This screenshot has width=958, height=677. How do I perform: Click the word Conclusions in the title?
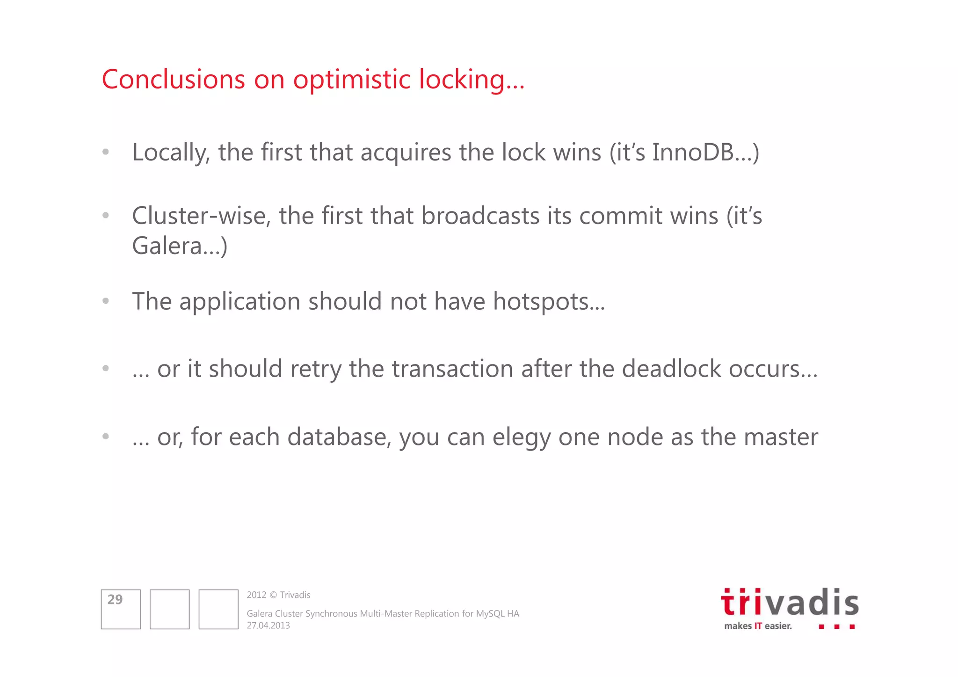pos(173,79)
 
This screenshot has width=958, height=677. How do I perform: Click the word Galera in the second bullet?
pos(167,246)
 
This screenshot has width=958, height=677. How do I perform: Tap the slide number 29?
pos(115,599)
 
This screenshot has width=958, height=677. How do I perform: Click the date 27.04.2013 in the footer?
pos(268,626)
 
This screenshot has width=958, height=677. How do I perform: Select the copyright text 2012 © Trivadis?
pos(278,595)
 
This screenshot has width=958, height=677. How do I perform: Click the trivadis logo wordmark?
pos(790,603)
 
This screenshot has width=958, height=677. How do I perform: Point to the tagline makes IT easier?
pos(758,626)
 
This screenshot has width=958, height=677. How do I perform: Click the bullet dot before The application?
pos(106,301)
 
